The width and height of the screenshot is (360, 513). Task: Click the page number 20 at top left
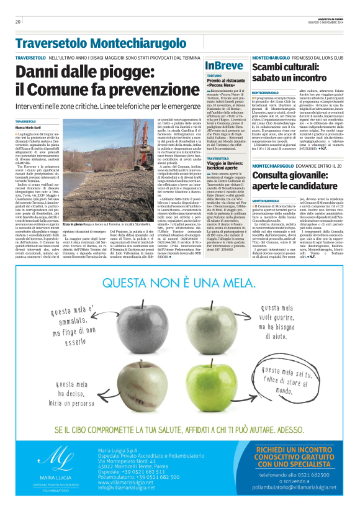tap(18, 22)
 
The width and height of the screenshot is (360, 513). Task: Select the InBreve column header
tap(223, 65)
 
